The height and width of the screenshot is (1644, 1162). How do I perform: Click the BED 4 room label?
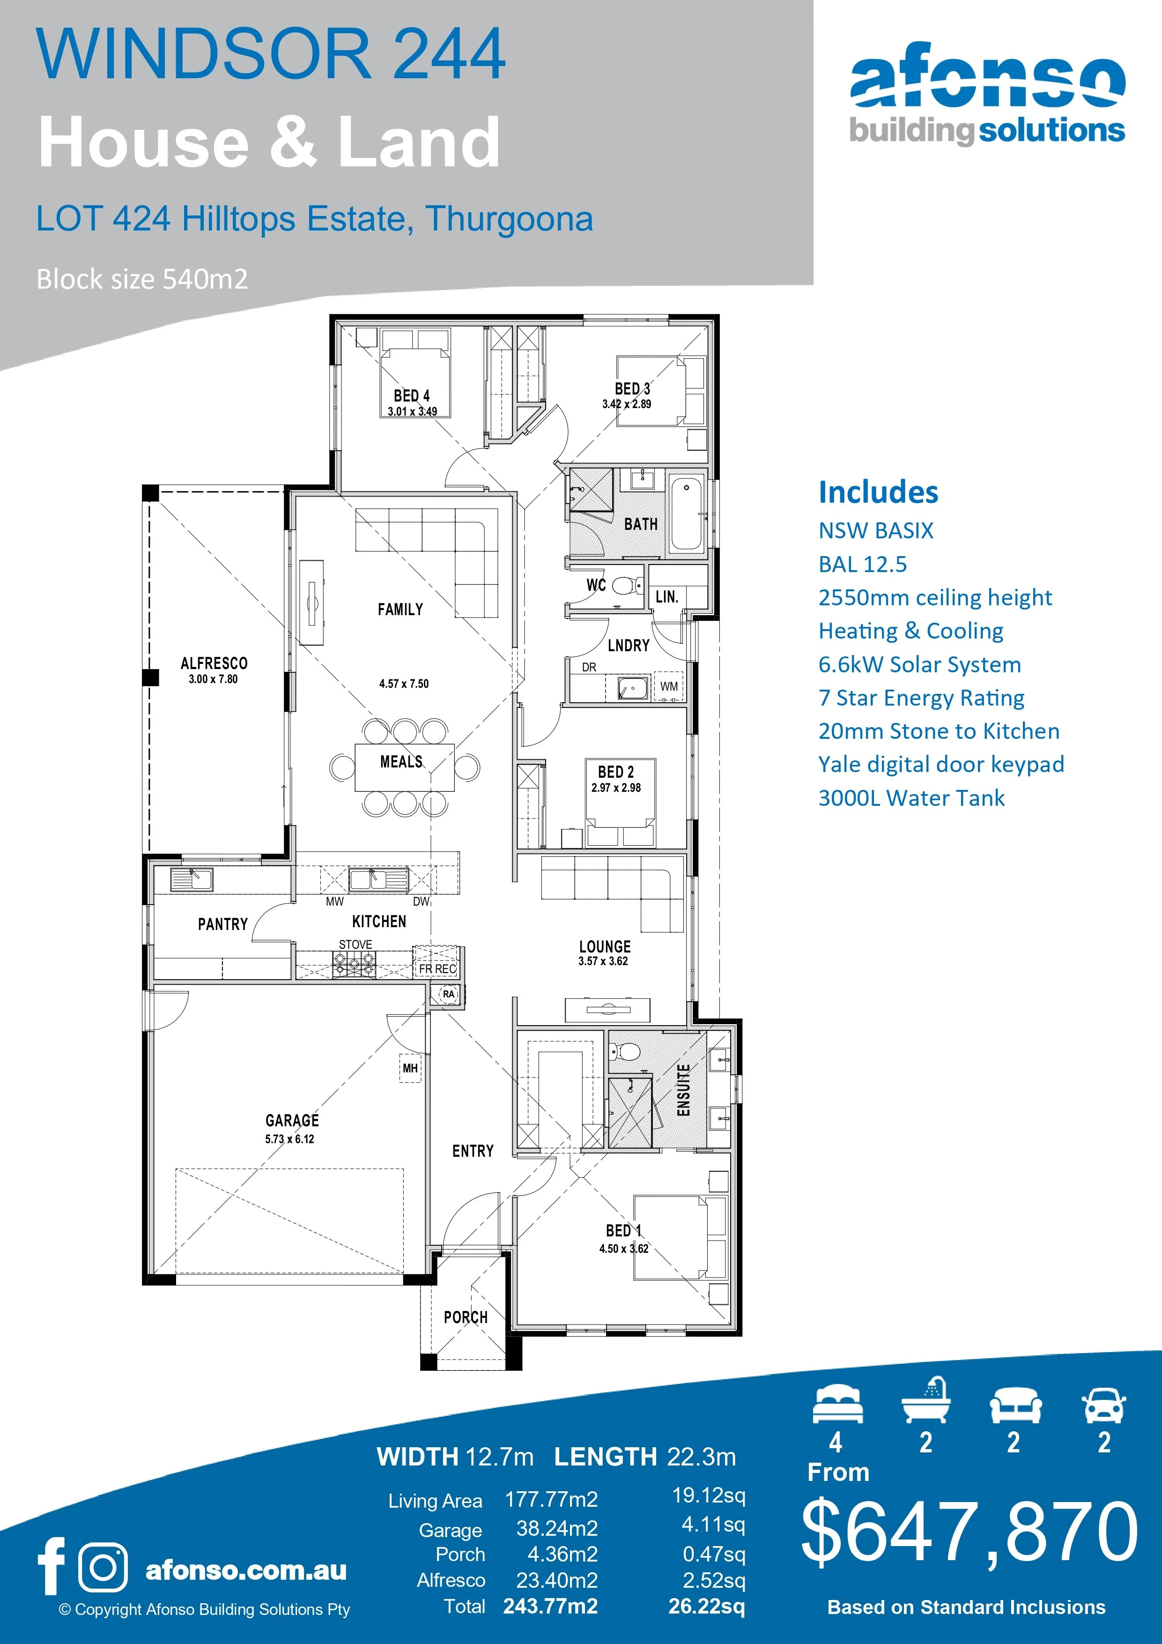pos(412,395)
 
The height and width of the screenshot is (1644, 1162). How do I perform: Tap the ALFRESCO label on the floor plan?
pos(214,663)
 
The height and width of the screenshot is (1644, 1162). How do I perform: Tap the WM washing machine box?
pos(669,686)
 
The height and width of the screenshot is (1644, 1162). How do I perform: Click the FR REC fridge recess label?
pos(437,969)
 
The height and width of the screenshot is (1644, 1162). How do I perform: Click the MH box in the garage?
pos(409,1068)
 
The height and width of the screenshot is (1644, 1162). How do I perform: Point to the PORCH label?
pos(466,1317)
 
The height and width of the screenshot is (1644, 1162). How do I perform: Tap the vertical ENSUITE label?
pos(684,1090)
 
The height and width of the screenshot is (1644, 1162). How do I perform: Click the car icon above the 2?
pos(1104,1405)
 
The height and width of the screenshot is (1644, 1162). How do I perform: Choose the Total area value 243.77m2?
pos(550,1606)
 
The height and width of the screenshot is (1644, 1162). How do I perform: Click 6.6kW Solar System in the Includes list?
pos(919,664)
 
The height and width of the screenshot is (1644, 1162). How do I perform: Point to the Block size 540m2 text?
pos(142,279)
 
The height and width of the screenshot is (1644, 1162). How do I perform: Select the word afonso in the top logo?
pos(986,77)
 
